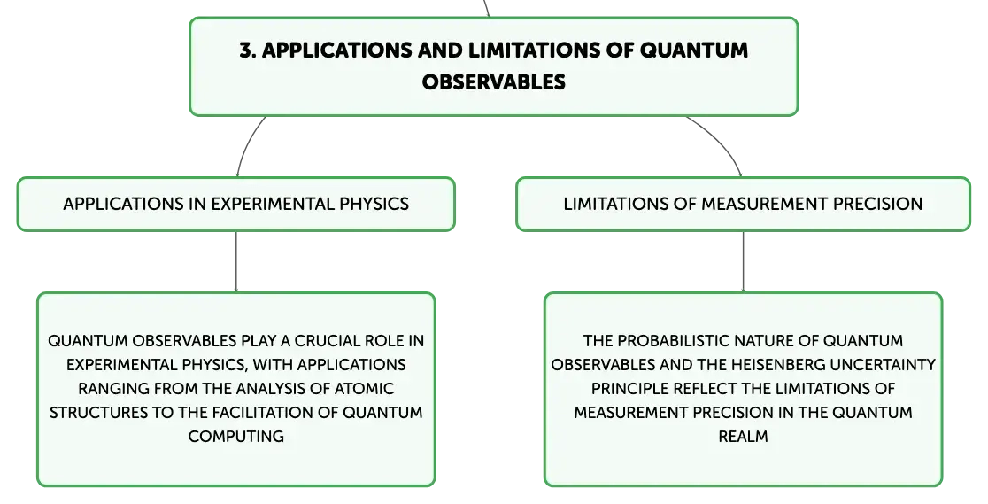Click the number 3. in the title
coord(248,50)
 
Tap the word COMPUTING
coord(235,437)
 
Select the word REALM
coord(743,437)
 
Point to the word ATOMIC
coord(364,389)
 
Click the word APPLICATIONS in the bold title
coord(337,50)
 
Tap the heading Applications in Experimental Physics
coord(235,204)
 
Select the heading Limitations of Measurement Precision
coord(743,204)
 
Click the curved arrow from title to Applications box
coord(246,143)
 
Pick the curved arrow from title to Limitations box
coord(722,140)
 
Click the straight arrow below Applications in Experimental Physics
coord(236,262)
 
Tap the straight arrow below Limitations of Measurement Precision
coord(743,262)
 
